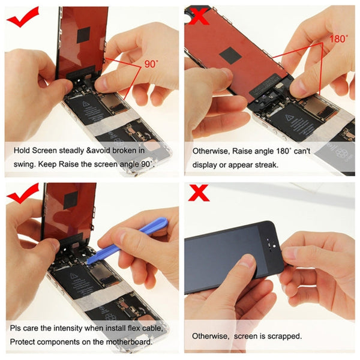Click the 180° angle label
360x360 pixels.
pos(338,38)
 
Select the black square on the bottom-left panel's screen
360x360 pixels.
pos(71,199)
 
